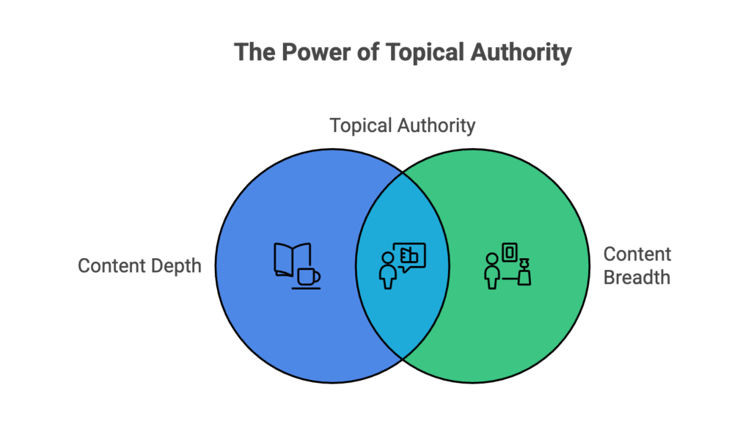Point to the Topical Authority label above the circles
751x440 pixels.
[x=402, y=125]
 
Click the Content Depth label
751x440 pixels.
[x=139, y=265]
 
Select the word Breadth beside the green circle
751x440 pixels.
[x=636, y=278]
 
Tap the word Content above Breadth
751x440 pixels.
[x=637, y=254]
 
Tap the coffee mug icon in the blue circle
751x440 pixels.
[x=308, y=276]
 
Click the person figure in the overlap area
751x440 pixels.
[x=388, y=270]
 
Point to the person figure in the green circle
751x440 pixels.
[x=492, y=270]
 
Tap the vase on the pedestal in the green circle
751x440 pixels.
[x=524, y=272]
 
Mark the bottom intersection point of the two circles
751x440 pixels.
[x=403, y=358]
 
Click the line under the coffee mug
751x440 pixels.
[x=306, y=288]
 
